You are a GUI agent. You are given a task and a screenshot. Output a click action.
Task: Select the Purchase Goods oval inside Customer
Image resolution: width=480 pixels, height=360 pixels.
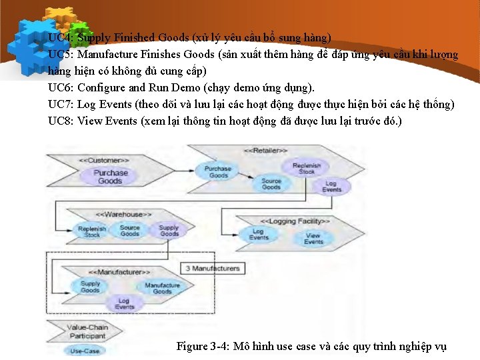click(110, 177)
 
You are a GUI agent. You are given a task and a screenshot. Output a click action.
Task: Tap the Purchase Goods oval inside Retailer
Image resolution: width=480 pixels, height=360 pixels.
click(218, 172)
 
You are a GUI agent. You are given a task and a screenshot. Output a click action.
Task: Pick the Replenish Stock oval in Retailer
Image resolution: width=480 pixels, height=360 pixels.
click(306, 168)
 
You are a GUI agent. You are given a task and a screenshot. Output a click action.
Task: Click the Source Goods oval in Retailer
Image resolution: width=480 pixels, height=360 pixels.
click(271, 184)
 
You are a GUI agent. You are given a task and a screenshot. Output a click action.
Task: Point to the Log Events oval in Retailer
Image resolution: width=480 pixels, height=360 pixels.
click(331, 186)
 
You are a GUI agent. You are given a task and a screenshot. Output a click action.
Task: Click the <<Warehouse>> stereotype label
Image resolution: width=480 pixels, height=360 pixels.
click(124, 214)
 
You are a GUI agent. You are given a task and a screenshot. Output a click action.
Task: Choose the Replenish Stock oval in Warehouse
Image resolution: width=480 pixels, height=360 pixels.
click(92, 231)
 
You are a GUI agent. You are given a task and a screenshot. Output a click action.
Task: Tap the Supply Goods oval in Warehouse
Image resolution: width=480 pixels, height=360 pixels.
click(169, 231)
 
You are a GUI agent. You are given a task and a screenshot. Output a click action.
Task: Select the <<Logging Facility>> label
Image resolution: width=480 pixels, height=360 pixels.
click(295, 221)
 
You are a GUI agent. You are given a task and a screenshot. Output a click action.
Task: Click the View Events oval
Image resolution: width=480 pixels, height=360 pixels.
click(313, 238)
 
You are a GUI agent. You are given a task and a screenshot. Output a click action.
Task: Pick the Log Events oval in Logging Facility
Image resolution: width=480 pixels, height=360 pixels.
click(259, 235)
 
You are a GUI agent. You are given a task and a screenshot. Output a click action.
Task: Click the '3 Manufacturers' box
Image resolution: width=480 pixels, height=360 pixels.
click(211, 268)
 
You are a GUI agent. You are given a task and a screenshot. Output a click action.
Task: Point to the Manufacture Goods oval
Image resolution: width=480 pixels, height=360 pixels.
click(162, 288)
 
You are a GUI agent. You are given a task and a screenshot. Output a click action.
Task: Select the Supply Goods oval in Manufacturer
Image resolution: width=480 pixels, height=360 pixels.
click(91, 286)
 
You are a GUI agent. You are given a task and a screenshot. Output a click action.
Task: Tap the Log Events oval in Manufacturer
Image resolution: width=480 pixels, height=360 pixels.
click(124, 303)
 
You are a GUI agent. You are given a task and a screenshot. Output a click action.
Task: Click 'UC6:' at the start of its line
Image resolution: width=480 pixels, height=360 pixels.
click(61, 87)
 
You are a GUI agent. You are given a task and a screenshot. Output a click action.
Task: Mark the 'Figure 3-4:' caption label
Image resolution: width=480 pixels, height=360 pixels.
click(203, 346)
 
